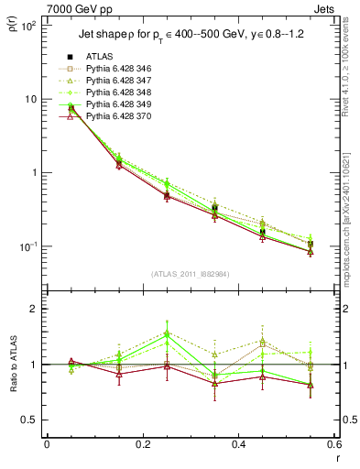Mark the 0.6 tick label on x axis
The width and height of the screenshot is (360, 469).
coord(333,444)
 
